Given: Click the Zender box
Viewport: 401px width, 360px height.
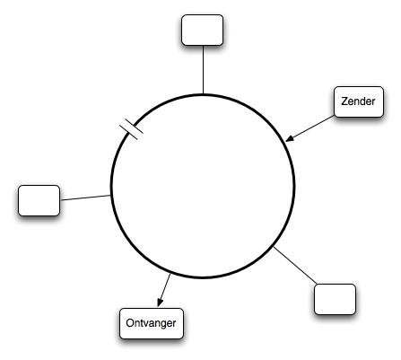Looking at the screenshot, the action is coord(359,101).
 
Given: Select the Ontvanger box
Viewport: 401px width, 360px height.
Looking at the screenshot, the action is coord(152,323).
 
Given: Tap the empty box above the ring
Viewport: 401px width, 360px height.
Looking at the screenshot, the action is coord(202,30).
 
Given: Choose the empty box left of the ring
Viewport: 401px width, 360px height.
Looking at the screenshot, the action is coord(39,200).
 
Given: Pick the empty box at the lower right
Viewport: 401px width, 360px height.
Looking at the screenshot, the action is coord(335,299).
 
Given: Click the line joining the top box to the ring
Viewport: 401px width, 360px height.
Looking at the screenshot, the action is coord(203,70).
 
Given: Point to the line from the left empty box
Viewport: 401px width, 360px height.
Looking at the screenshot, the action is coord(85,198).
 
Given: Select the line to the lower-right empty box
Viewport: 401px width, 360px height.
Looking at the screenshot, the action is coord(295,265).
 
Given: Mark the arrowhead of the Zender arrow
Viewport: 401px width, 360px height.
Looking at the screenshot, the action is coord(290,138).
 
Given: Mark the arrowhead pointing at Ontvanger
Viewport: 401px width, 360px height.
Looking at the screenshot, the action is coord(160,303).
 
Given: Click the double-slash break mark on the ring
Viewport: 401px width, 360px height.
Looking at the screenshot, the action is coord(131,129).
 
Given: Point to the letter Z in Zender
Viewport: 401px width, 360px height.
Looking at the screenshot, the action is coord(344,101).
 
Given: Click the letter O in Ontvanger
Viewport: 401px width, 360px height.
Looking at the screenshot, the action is coord(130,323).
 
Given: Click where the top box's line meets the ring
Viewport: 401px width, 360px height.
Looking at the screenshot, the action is coord(203,94).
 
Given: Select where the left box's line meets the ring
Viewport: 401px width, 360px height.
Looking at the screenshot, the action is coord(111,195).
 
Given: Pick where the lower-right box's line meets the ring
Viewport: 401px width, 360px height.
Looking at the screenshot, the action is coord(274,247).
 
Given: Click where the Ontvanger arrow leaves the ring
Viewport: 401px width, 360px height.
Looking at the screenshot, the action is coord(170,273).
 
